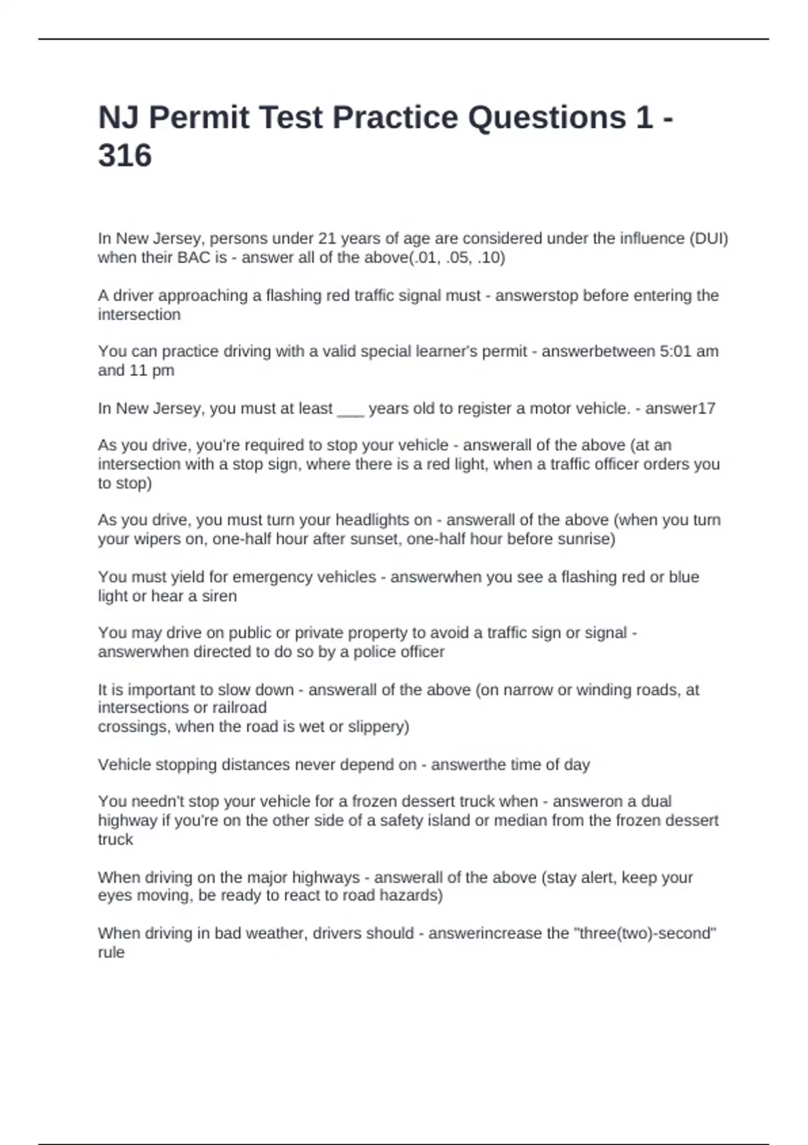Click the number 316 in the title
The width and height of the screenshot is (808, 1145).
(125, 156)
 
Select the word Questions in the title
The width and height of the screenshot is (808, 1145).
(546, 117)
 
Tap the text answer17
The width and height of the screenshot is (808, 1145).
(680, 408)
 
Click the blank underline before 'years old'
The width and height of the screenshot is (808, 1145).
(350, 410)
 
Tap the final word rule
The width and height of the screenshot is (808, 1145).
(111, 952)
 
